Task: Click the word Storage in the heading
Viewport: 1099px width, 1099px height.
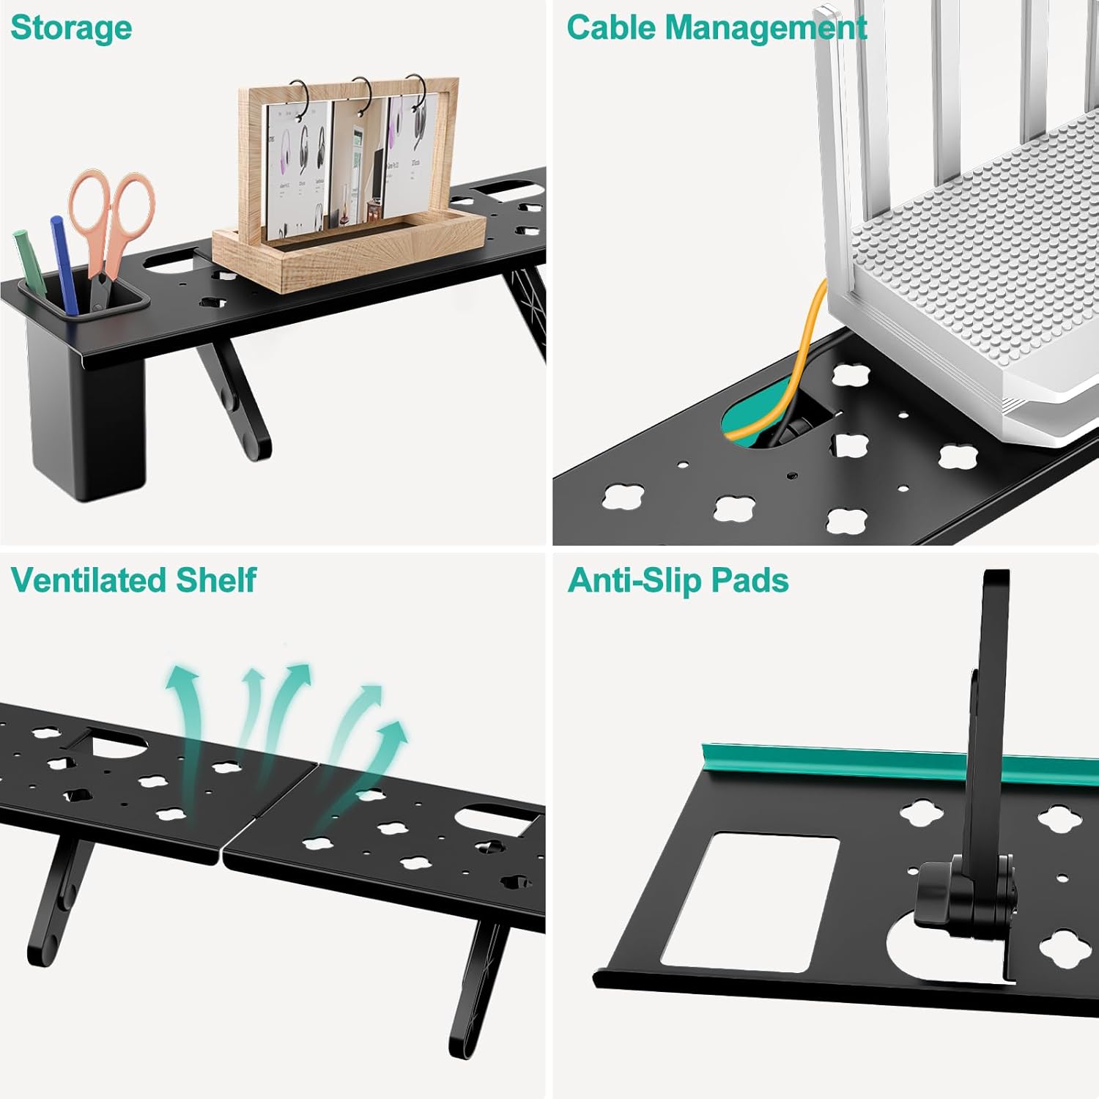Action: (x=71, y=29)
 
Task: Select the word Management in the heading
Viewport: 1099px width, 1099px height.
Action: (x=766, y=29)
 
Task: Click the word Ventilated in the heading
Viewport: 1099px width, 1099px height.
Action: (x=88, y=580)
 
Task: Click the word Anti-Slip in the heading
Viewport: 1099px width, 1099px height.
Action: (x=634, y=580)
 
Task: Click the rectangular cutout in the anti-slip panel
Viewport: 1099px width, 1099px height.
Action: (x=751, y=901)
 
